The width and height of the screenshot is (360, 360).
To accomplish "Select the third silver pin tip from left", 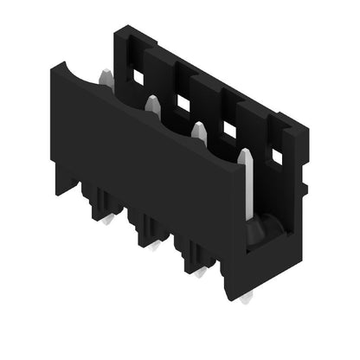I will click(x=199, y=131).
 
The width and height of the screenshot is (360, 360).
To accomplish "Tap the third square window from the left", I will click(x=229, y=130).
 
